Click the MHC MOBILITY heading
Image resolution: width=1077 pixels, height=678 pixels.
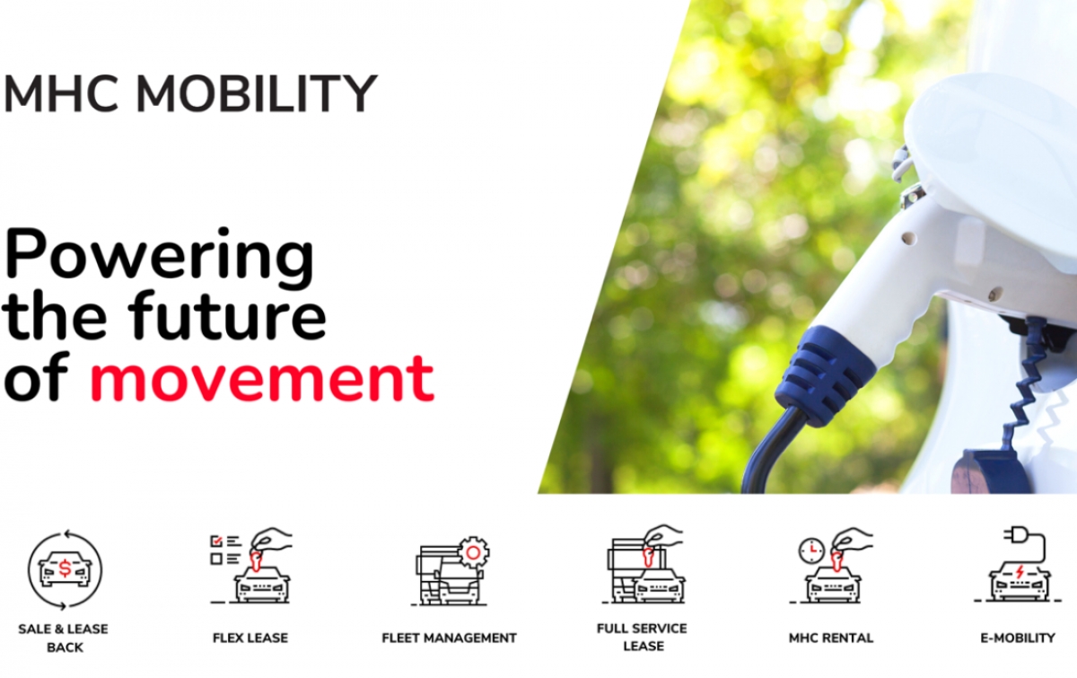[x=190, y=93]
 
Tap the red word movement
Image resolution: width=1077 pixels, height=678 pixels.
[x=262, y=379]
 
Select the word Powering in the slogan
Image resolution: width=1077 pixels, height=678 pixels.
[x=159, y=259]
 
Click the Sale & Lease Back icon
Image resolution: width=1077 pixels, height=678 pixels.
[x=65, y=570]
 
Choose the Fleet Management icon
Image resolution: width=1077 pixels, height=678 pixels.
[x=450, y=571]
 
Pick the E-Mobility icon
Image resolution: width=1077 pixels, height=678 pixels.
[x=1019, y=565]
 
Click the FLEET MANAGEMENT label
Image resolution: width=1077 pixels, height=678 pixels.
[x=449, y=638]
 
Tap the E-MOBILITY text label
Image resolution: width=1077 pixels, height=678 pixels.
[x=1018, y=638]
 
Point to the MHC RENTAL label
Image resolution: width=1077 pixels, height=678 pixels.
[x=831, y=638]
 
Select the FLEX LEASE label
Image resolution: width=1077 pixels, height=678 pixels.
[x=250, y=638]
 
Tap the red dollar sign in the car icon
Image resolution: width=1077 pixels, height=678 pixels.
[x=65, y=569]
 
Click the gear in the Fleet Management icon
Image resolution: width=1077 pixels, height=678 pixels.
[x=474, y=552]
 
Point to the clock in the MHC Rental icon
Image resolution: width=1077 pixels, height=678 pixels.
[x=811, y=550]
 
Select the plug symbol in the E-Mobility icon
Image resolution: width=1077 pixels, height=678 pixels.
[x=1015, y=535]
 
